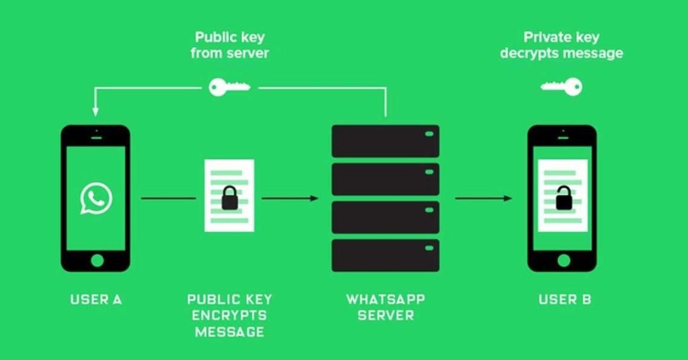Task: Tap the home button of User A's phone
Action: coord(97,260)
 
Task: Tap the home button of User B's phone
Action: coord(564,260)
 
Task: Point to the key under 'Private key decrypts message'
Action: coord(562,87)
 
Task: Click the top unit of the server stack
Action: coord(385,141)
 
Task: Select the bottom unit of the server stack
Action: coord(385,255)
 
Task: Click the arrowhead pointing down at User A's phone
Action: coord(95,110)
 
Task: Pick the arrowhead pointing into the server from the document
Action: coord(314,198)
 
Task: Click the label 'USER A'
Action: coord(96,300)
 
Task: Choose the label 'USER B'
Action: coord(564,300)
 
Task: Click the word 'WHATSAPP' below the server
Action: coord(385,299)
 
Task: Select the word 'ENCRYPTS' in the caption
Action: coord(229,315)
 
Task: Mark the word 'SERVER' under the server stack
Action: coord(385,315)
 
